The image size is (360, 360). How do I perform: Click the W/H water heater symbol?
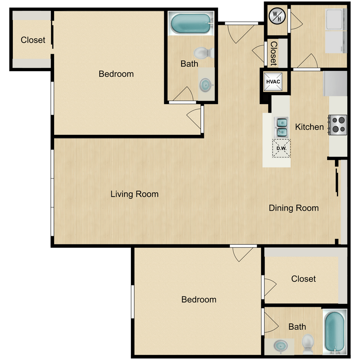point(277,17)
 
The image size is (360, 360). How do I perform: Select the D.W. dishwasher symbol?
point(281,148)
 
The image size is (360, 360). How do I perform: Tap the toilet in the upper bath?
point(203,53)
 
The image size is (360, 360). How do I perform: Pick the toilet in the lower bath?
point(308,342)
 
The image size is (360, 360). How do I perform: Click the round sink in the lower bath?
point(280,345)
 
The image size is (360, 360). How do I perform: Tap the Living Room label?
point(134,194)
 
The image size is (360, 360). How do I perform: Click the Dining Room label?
point(293,208)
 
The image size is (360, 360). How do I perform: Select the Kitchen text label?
point(309,127)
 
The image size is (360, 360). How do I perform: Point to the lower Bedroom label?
point(199,299)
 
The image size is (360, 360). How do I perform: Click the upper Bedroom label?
point(116,74)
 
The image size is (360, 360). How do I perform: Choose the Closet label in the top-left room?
point(33,40)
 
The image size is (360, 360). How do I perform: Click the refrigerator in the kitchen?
point(335,83)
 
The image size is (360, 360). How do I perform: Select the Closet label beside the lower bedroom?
point(303,279)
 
